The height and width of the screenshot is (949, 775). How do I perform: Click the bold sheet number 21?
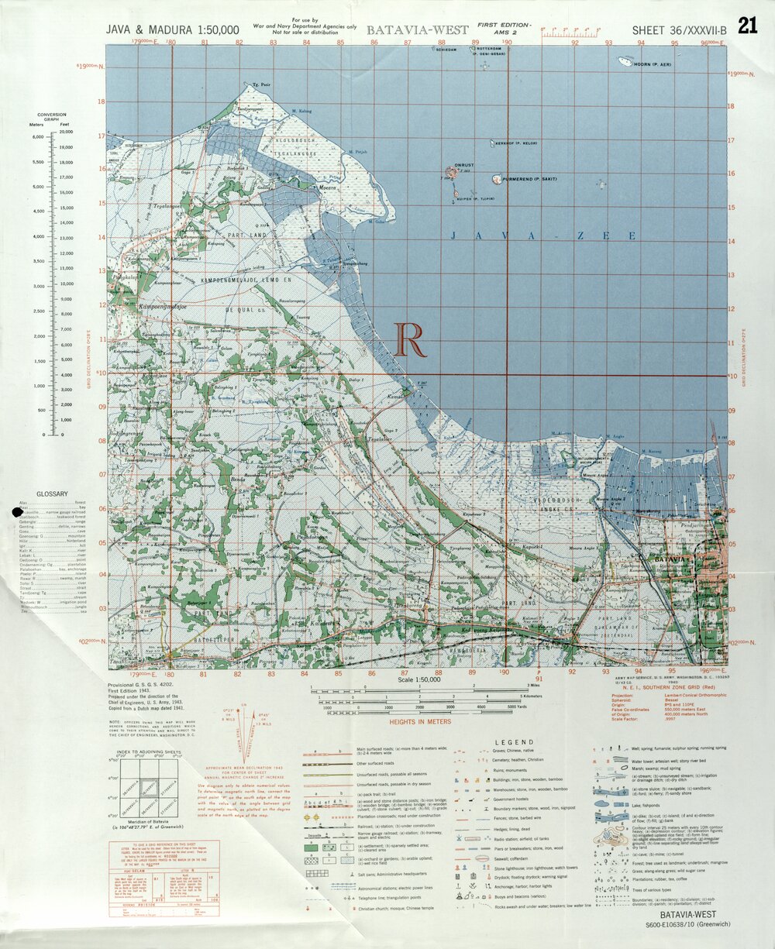coord(747,26)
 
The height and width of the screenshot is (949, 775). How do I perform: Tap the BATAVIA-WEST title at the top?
coord(418,30)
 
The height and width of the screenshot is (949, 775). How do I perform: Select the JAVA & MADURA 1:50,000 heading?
coord(173,30)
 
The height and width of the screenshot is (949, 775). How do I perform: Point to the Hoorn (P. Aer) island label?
coord(654,64)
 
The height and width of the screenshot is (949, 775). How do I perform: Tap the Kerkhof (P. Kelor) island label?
coord(514,143)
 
